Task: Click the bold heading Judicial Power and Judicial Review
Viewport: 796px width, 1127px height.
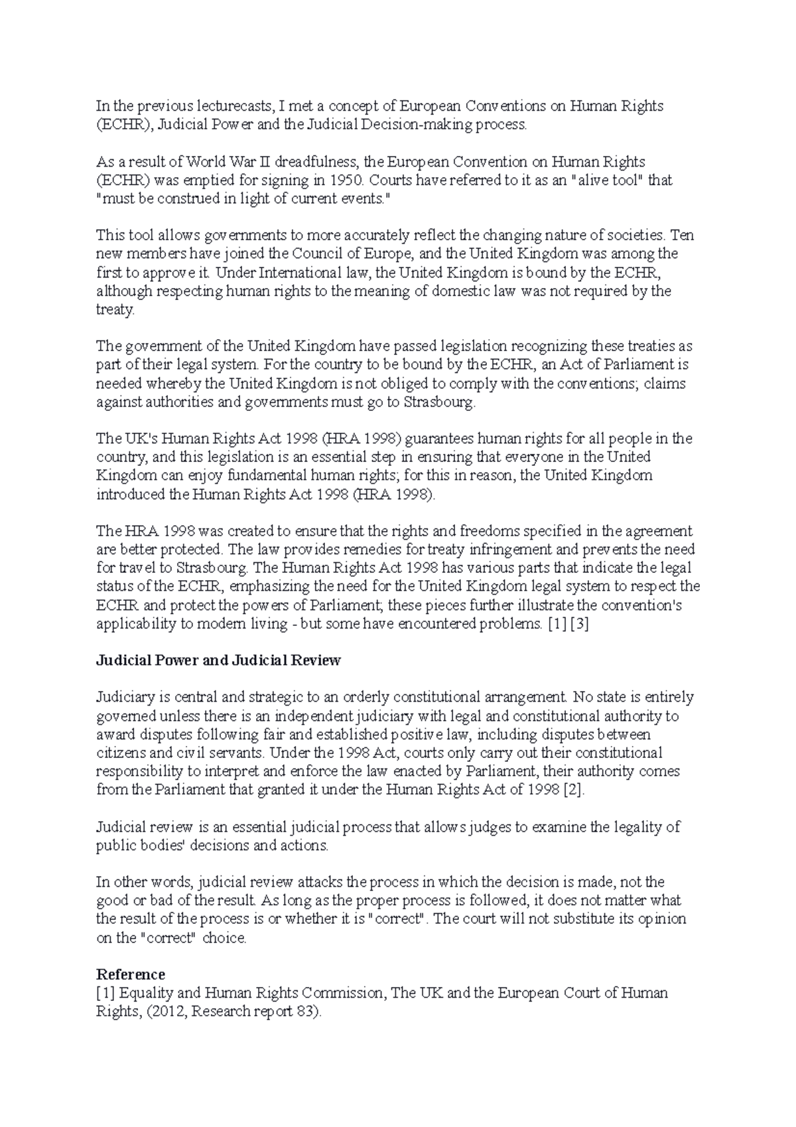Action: pos(218,660)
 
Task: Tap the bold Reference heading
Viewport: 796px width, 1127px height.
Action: pos(130,974)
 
